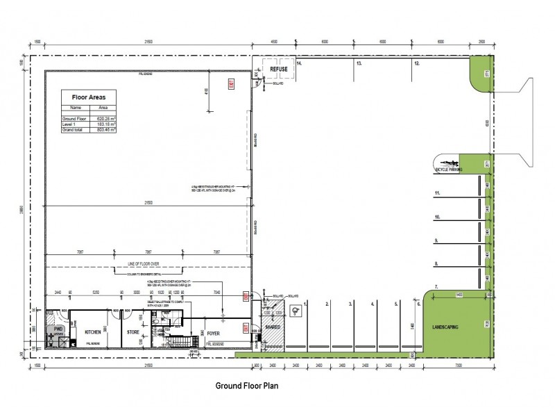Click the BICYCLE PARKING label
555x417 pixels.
point(448,169)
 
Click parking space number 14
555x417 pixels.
point(299,63)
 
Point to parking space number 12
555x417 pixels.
point(417,63)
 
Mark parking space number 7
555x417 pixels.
point(436,286)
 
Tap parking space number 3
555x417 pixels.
point(351,304)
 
